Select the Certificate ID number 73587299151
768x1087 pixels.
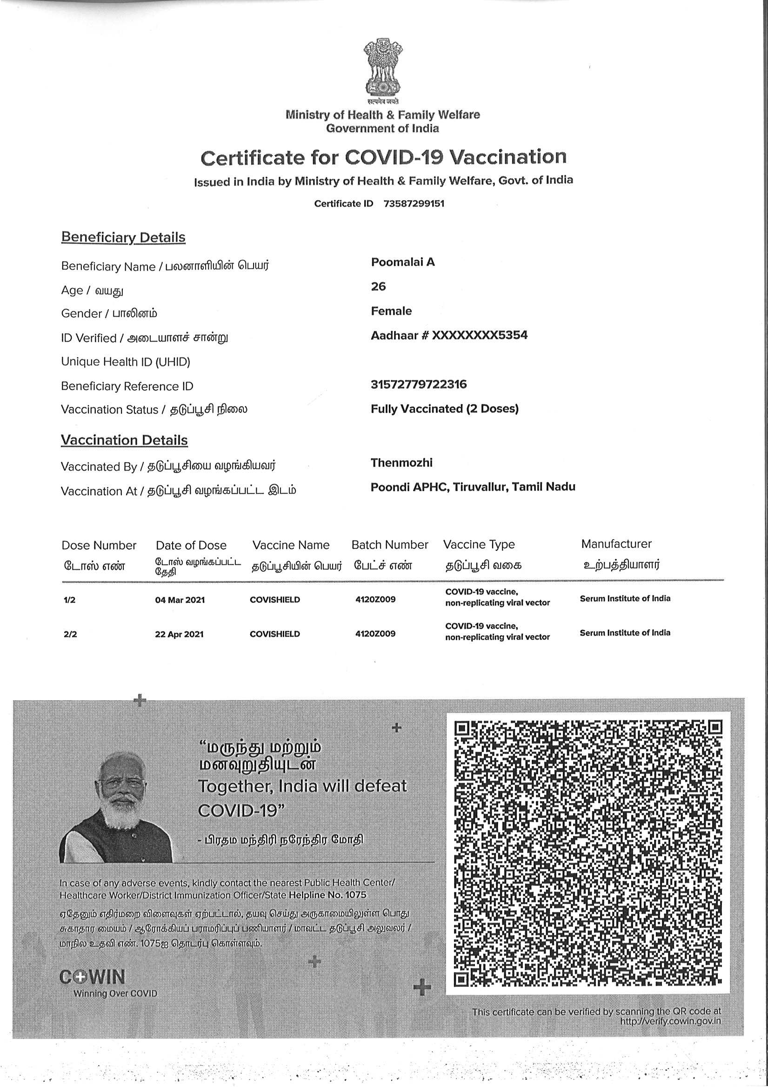(x=414, y=203)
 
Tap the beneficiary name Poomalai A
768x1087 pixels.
(x=403, y=262)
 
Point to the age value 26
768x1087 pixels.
(x=378, y=286)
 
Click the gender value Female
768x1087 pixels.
(x=391, y=311)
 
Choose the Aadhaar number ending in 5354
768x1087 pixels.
(x=449, y=336)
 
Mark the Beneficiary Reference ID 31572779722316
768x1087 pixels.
(x=418, y=384)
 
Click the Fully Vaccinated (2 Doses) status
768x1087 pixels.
(x=444, y=409)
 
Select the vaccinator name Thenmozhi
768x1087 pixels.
(x=401, y=463)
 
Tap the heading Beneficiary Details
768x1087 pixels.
(x=123, y=237)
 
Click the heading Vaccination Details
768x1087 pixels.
(x=124, y=440)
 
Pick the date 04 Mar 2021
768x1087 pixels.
(x=180, y=600)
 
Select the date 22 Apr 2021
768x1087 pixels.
(x=179, y=634)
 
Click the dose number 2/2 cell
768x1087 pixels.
(x=70, y=634)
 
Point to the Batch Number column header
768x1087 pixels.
(x=389, y=545)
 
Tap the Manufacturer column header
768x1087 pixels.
(x=616, y=544)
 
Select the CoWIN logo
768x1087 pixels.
(x=93, y=977)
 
